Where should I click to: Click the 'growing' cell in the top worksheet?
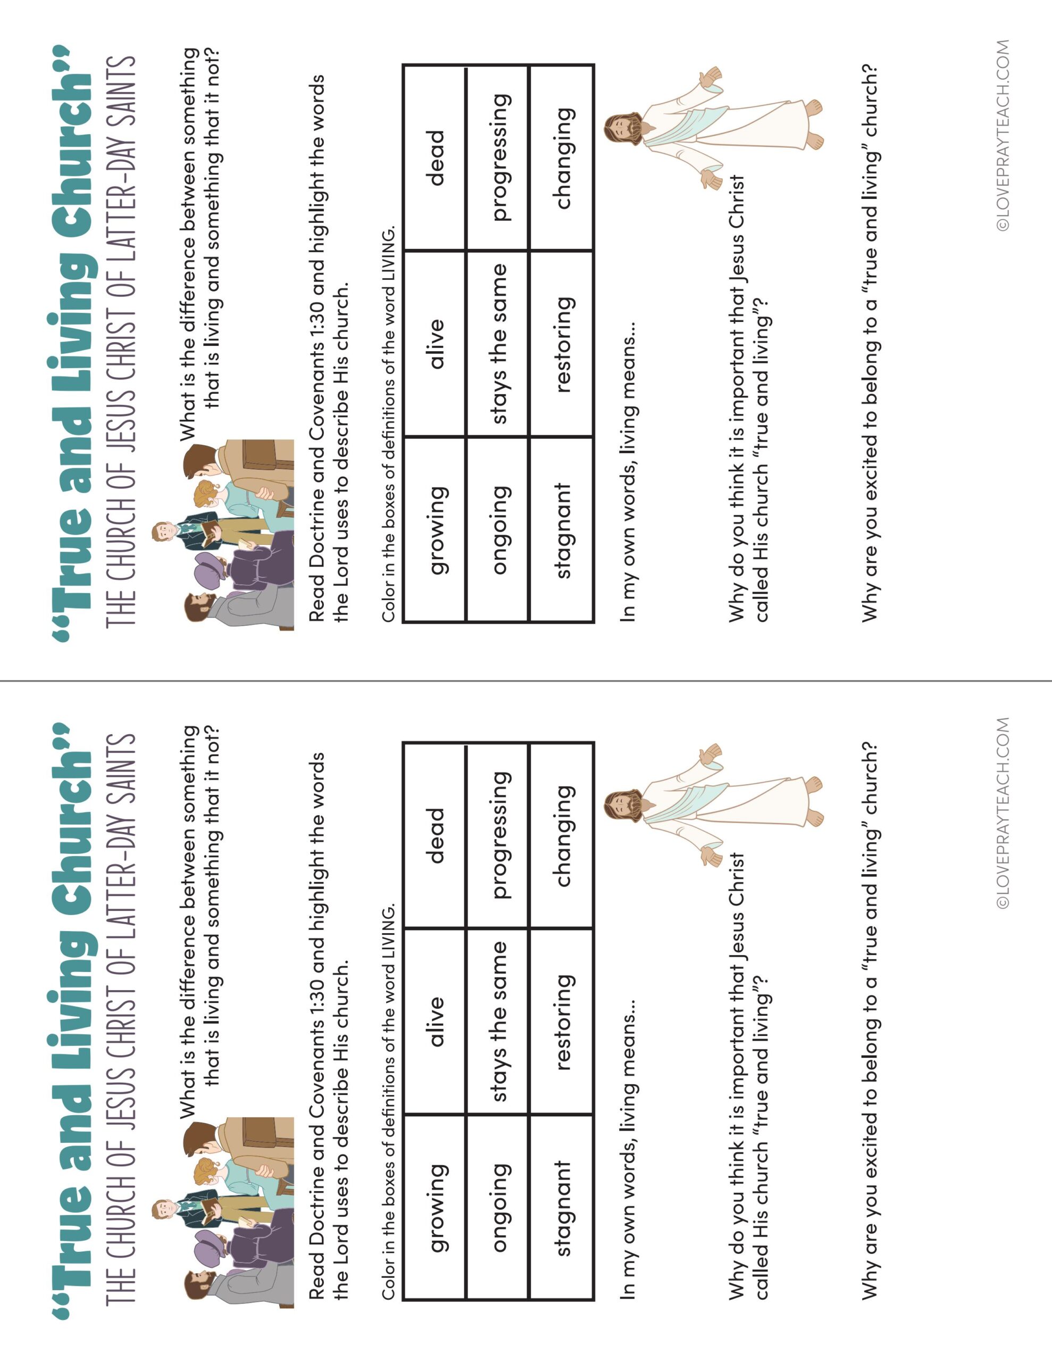tap(435, 529)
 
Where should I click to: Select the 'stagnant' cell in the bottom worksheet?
tap(561, 1207)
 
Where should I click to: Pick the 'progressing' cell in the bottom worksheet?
tap(498, 836)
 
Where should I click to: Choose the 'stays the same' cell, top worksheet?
tap(498, 344)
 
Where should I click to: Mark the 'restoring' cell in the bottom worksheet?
tap(561, 1021)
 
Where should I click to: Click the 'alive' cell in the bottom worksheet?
tap(435, 1021)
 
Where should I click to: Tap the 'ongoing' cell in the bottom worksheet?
tap(498, 1207)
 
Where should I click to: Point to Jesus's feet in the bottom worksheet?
tap(814, 801)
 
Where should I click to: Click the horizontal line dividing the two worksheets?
tap(525, 681)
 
